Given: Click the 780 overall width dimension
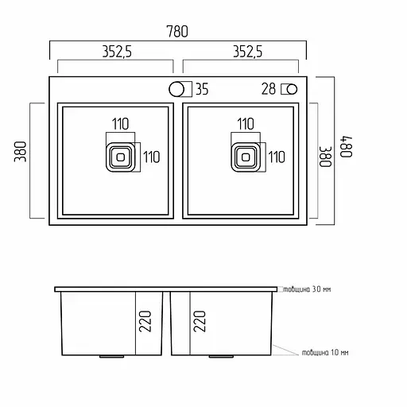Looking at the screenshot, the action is coord(177,31).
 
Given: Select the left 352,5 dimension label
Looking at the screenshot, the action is coord(117,52).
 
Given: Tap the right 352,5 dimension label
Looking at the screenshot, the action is coord(247,52).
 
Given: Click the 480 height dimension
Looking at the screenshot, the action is coord(346,147).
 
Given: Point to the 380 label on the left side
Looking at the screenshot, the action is coord(21,152).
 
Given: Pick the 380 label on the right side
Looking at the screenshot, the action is coord(325,157).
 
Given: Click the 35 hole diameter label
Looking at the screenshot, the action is coord(202,89).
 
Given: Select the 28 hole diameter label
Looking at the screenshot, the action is coord(269,89).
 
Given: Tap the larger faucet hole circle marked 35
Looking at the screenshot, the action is coord(176,89).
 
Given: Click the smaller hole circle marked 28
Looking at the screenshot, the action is coord(292,89).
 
